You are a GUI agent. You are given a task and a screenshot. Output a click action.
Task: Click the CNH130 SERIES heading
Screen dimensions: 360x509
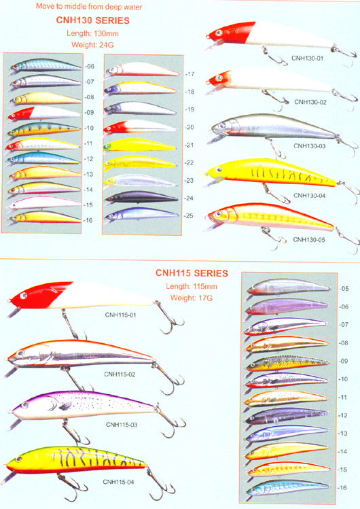click(93, 20)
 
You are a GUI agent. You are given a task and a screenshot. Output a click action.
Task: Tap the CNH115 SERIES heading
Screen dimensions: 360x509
click(192, 273)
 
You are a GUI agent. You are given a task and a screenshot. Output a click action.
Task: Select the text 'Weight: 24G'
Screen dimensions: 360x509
click(92, 45)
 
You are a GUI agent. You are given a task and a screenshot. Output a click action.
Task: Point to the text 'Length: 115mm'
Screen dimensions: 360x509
click(192, 287)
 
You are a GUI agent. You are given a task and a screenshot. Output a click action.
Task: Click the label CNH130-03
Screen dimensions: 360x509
click(310, 146)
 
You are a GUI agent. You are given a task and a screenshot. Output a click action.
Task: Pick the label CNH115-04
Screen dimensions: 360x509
click(118, 482)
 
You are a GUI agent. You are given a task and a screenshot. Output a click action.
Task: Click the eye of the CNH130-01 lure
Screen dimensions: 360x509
click(219, 33)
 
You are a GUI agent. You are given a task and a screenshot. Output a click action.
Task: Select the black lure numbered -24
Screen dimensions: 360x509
click(142, 197)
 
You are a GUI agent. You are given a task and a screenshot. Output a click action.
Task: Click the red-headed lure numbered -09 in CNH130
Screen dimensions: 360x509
click(43, 113)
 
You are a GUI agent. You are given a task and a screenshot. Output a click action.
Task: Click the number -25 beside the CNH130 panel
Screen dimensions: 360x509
click(189, 215)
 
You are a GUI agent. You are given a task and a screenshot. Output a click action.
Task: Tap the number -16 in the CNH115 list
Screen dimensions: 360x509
click(342, 487)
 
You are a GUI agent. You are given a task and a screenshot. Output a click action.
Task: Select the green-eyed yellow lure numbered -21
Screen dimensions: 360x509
click(139, 145)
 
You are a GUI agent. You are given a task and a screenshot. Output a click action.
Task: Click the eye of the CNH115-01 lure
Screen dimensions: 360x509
click(23, 296)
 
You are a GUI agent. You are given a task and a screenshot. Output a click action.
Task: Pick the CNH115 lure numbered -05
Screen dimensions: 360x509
click(288, 287)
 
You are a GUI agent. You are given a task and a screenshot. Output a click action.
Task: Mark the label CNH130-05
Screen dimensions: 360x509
click(309, 240)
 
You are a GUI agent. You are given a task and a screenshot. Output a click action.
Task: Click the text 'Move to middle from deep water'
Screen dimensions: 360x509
click(89, 6)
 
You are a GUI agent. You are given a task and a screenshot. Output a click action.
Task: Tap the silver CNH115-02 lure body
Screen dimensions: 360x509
click(81, 354)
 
